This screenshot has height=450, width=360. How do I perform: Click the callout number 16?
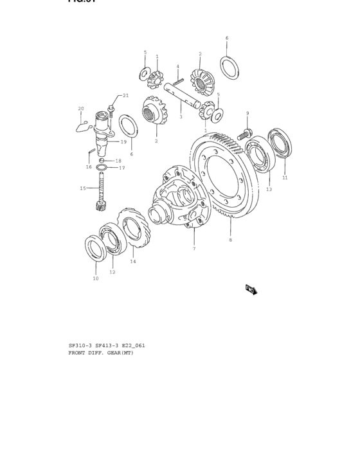pyautogui.click(x=89, y=166)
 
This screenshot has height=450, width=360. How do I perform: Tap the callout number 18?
pyautogui.click(x=118, y=161)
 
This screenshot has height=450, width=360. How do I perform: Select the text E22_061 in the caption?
pyautogui.click(x=132, y=345)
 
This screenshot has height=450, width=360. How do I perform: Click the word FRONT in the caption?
pyautogui.click(x=78, y=353)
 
